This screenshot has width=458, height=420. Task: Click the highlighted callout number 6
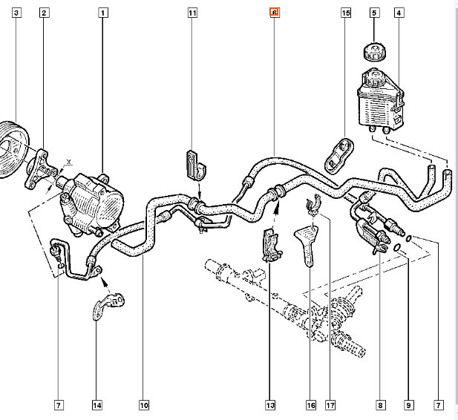pyautogui.click(x=274, y=13)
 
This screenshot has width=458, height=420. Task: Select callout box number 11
pyautogui.click(x=192, y=13)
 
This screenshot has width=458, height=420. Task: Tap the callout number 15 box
pyautogui.click(x=345, y=13)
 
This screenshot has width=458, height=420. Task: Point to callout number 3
pyautogui.click(x=16, y=13)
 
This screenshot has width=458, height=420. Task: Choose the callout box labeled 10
pyautogui.click(x=143, y=405)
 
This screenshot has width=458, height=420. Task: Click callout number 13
pyautogui.click(x=271, y=405)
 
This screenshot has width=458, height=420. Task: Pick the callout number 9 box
pyautogui.click(x=408, y=405)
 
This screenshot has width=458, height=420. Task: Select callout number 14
pyautogui.click(x=96, y=405)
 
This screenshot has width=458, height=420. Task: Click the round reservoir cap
pyautogui.click(x=371, y=52)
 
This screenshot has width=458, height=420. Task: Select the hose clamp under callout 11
pyautogui.click(x=194, y=165)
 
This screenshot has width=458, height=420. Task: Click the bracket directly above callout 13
pyautogui.click(x=271, y=246)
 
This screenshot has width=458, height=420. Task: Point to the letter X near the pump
pyautogui.click(x=68, y=161)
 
